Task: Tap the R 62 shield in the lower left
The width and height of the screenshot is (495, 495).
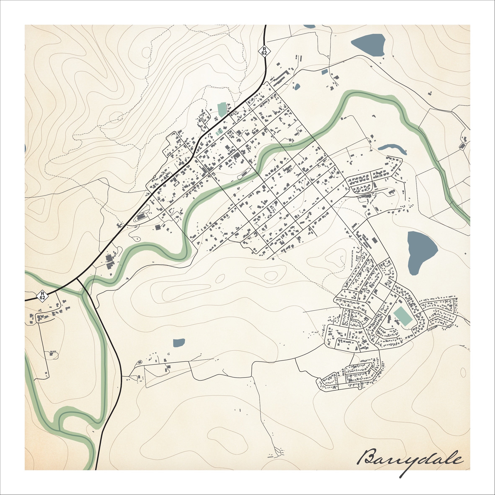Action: click(x=43, y=295)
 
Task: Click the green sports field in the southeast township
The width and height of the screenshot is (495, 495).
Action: click(x=403, y=317)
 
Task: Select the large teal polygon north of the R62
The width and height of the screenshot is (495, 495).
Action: click(x=222, y=109)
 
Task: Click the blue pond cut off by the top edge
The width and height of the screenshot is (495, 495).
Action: click(x=309, y=26)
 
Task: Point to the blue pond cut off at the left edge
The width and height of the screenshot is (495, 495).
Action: click(x=25, y=148)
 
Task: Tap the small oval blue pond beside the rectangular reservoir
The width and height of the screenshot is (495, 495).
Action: click(x=297, y=87)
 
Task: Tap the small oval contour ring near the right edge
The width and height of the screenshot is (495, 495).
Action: click(x=463, y=371)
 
